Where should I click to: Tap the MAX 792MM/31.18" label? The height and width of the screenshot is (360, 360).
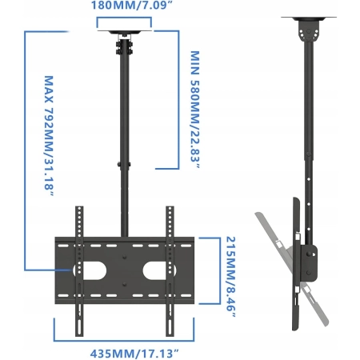tap(49, 137)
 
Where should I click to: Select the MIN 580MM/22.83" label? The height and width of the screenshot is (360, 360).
tap(195, 110)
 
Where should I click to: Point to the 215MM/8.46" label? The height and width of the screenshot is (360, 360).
tap(231, 277)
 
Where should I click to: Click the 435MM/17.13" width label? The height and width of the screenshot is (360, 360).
tap(134, 354)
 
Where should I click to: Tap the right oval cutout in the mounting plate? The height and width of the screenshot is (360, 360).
tap(159, 270)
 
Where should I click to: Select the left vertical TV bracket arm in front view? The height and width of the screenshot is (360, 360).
tap(79, 271)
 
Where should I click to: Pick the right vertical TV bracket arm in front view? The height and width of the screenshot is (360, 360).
tap(170, 271)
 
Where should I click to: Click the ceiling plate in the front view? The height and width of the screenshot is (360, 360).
tap(125, 32)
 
